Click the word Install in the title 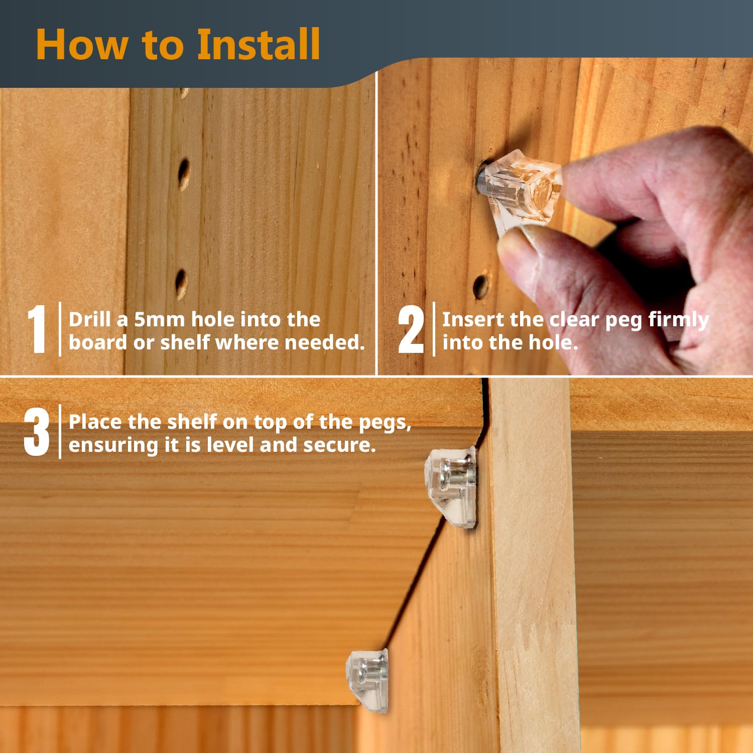point(258,44)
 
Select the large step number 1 point(37,329)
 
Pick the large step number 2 point(411,329)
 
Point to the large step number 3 point(37,431)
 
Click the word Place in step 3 point(95,422)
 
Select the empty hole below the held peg point(481,287)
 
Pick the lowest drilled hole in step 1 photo point(181,284)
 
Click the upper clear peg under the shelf point(451,486)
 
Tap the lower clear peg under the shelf point(367,680)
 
